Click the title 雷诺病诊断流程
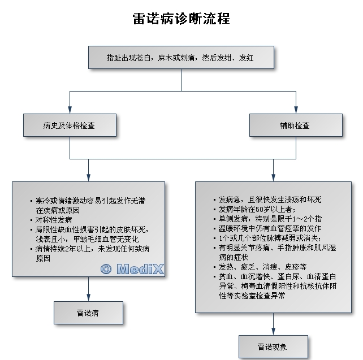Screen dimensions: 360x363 [181, 19]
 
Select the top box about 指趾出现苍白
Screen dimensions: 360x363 [181, 58]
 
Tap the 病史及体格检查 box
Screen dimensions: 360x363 [69, 125]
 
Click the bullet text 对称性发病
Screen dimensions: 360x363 [54, 219]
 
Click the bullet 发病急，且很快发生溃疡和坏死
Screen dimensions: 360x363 [270, 199]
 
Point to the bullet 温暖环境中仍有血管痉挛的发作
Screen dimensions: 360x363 [270, 228]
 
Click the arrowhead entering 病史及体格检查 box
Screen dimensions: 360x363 [69, 111]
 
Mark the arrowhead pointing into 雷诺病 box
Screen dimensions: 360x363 [89, 297]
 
